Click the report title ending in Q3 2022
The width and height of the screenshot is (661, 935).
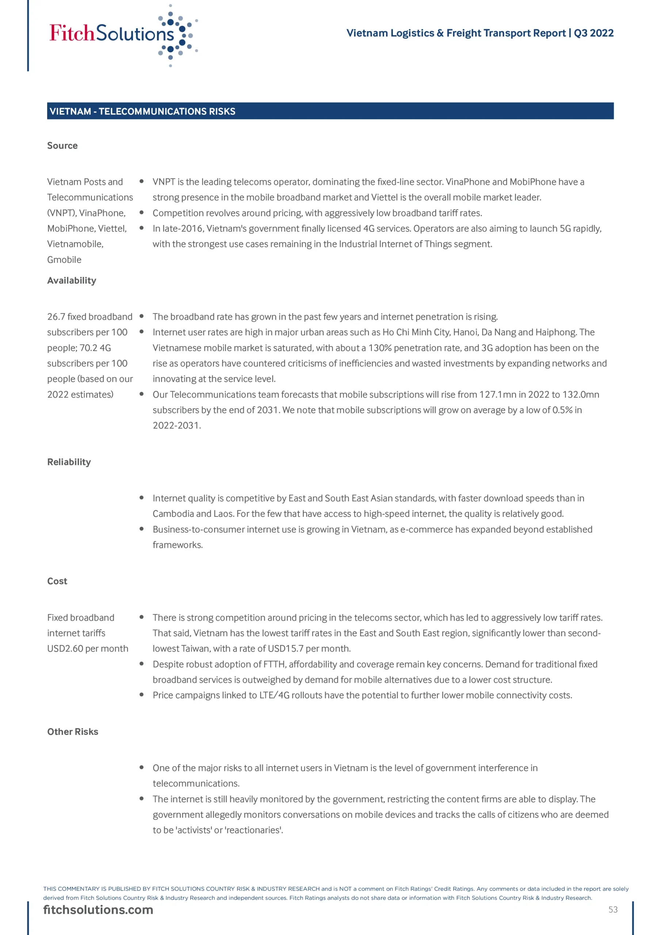point(479,33)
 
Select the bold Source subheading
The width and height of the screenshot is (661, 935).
point(62,145)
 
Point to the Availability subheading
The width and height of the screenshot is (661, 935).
point(72,280)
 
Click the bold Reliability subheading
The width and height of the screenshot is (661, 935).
point(69,462)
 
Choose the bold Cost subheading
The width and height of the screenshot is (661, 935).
point(57,581)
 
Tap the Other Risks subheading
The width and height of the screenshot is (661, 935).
point(73,732)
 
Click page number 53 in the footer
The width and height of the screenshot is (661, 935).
point(612,909)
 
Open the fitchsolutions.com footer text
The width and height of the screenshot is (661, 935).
point(98,909)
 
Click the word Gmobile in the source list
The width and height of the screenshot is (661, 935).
point(64,259)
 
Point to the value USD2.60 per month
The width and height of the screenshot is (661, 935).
point(88,648)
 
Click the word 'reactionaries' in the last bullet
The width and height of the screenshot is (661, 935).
point(252,830)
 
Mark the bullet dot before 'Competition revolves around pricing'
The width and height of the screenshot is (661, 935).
point(141,213)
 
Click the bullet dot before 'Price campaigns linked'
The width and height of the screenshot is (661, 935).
point(141,695)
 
